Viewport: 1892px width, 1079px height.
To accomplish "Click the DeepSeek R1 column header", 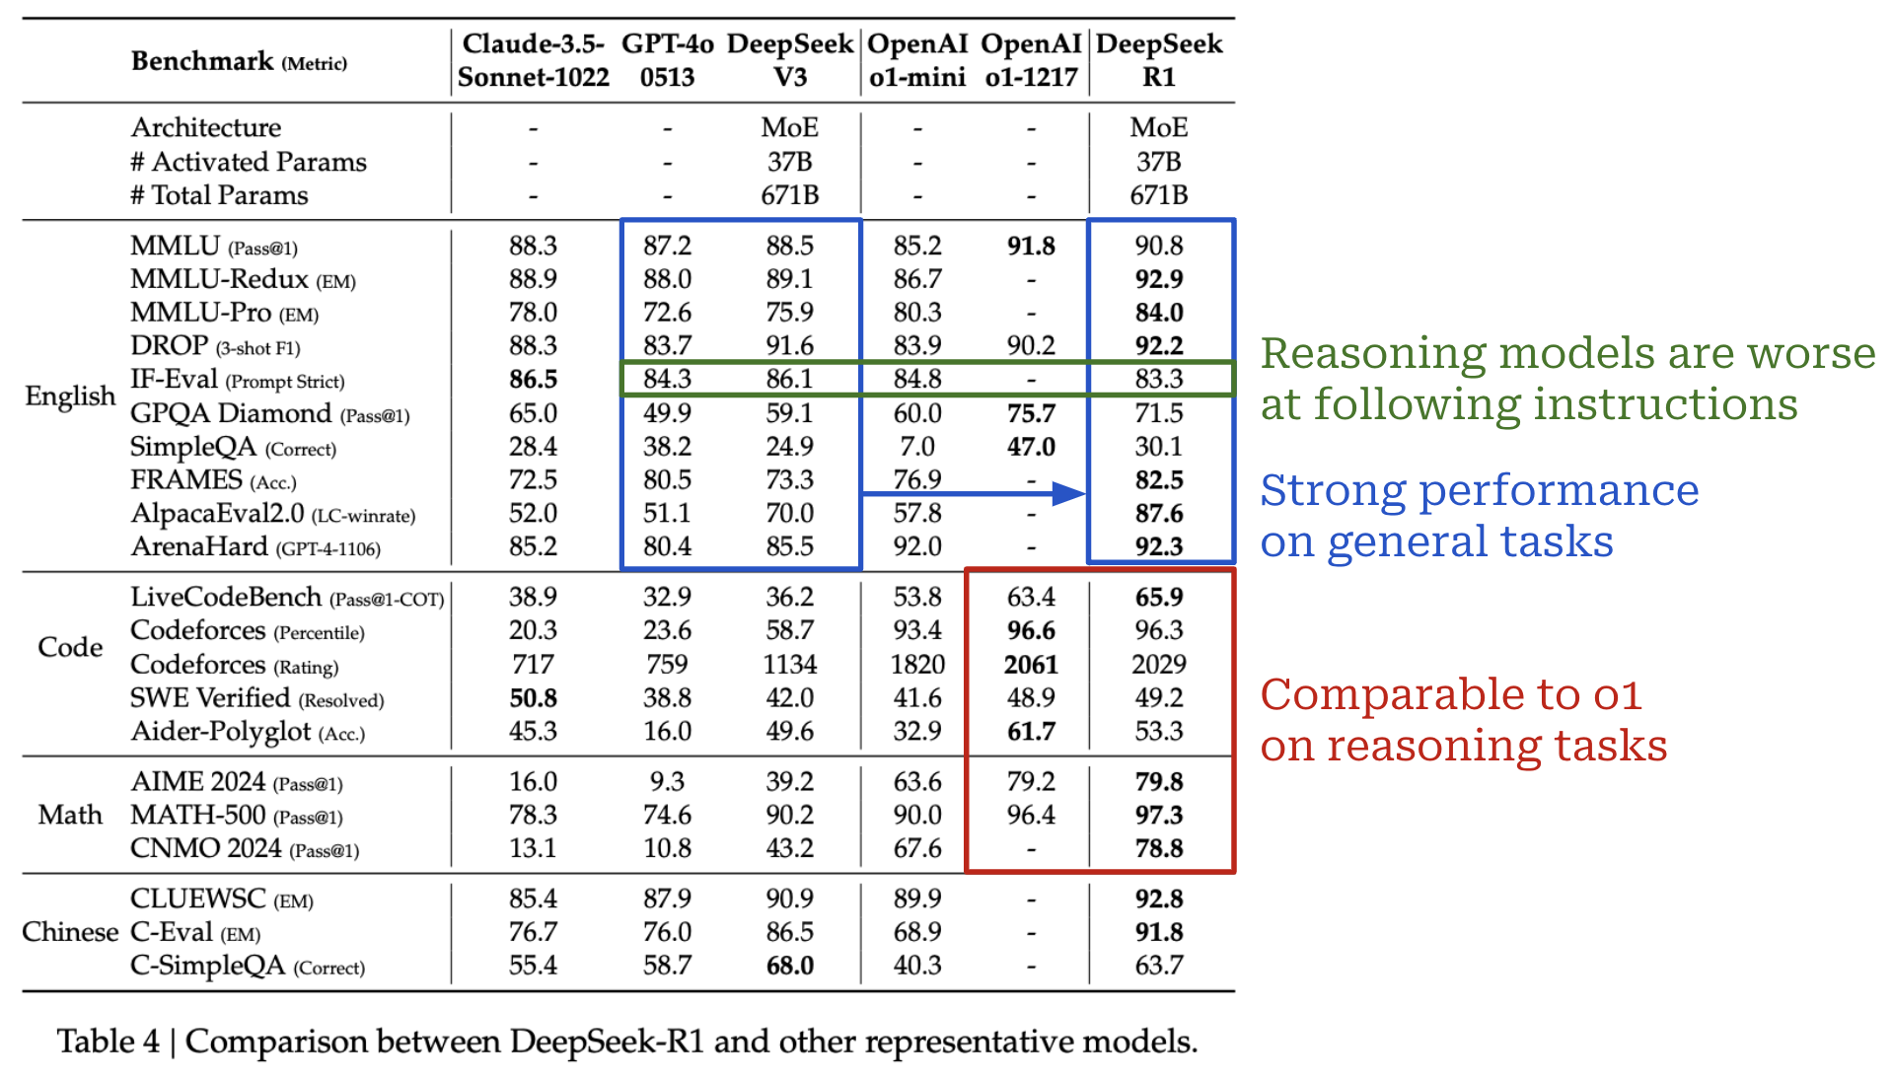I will (x=1159, y=60).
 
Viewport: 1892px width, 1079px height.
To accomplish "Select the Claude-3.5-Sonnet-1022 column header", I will (x=533, y=60).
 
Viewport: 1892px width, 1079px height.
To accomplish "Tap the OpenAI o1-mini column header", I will (x=916, y=60).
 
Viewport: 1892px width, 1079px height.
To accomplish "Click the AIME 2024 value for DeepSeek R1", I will (x=1159, y=782).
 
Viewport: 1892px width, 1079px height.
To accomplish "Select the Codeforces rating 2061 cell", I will (x=1031, y=665).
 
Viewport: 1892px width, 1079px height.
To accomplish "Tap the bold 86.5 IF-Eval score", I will (x=533, y=380).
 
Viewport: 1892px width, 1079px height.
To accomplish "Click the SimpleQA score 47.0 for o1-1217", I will (x=1031, y=447).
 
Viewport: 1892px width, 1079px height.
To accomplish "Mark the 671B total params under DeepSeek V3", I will (x=789, y=195).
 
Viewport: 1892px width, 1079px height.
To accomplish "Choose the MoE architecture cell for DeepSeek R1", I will (x=1159, y=127).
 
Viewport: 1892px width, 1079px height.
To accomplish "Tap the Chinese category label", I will (x=70, y=932).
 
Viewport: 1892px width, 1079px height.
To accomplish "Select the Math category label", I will (x=70, y=816).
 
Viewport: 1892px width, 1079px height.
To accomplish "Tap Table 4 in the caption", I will (x=108, y=1042).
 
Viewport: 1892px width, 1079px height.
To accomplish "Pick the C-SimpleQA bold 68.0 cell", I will (x=789, y=966).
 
